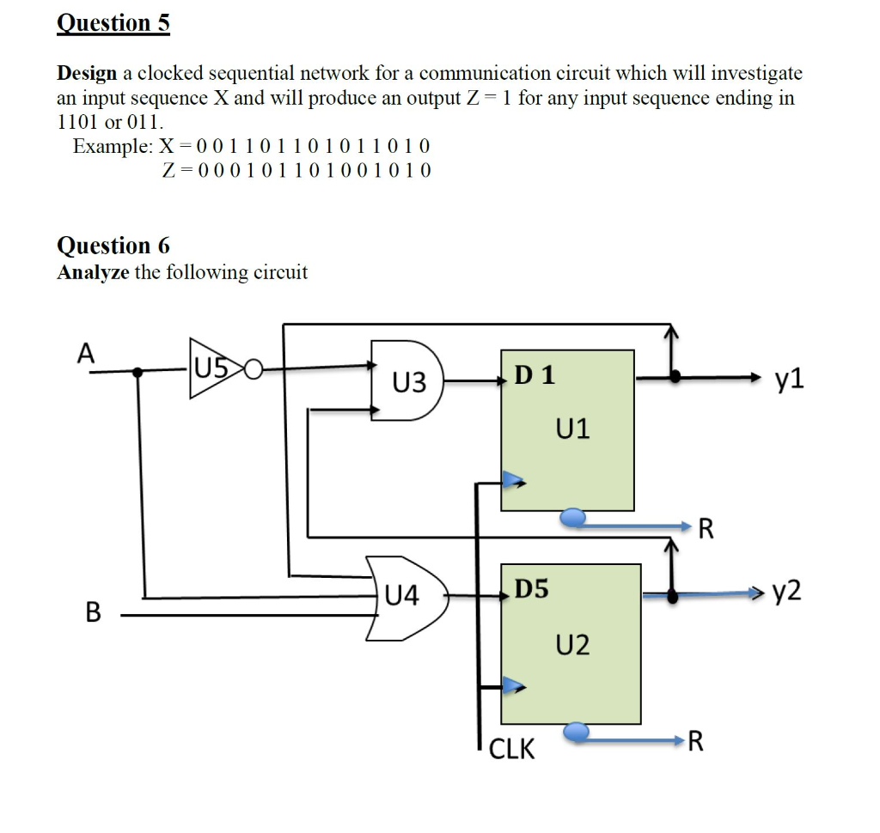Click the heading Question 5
(x=113, y=23)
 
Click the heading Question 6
(x=113, y=246)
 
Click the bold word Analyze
(x=92, y=273)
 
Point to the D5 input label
(x=531, y=589)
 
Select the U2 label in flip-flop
(x=573, y=644)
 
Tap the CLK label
(x=511, y=750)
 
